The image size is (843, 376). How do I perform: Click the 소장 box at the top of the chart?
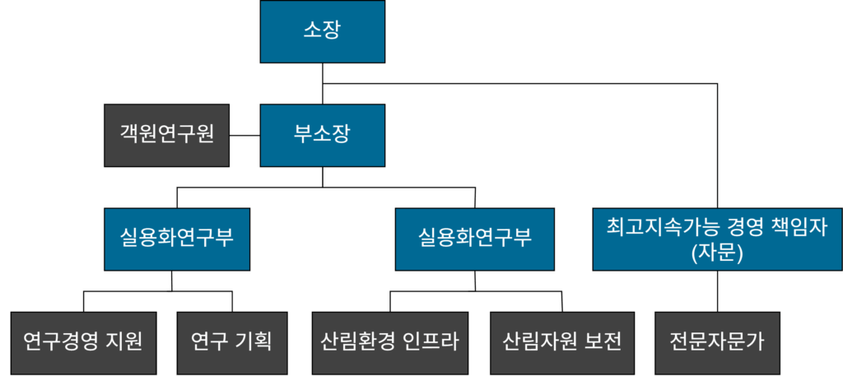pyautogui.click(x=322, y=31)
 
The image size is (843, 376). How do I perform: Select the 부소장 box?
pyautogui.click(x=322, y=134)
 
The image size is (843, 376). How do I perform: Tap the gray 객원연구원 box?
pyautogui.click(x=166, y=134)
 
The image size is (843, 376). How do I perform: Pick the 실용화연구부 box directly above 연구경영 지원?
pyautogui.click(x=177, y=239)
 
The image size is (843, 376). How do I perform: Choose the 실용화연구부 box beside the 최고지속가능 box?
pyautogui.click(x=474, y=239)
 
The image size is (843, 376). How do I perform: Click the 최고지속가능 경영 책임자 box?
pyautogui.click(x=717, y=239)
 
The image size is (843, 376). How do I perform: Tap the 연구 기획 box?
pyautogui.click(x=231, y=341)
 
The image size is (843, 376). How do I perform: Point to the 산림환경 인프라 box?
pyautogui.click(x=389, y=341)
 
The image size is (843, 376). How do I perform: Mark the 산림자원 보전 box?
pyautogui.click(x=561, y=341)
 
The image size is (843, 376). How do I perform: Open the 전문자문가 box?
pyautogui.click(x=717, y=341)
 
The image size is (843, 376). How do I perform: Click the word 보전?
pyautogui.click(x=602, y=341)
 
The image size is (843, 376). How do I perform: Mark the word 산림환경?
pyautogui.click(x=356, y=341)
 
